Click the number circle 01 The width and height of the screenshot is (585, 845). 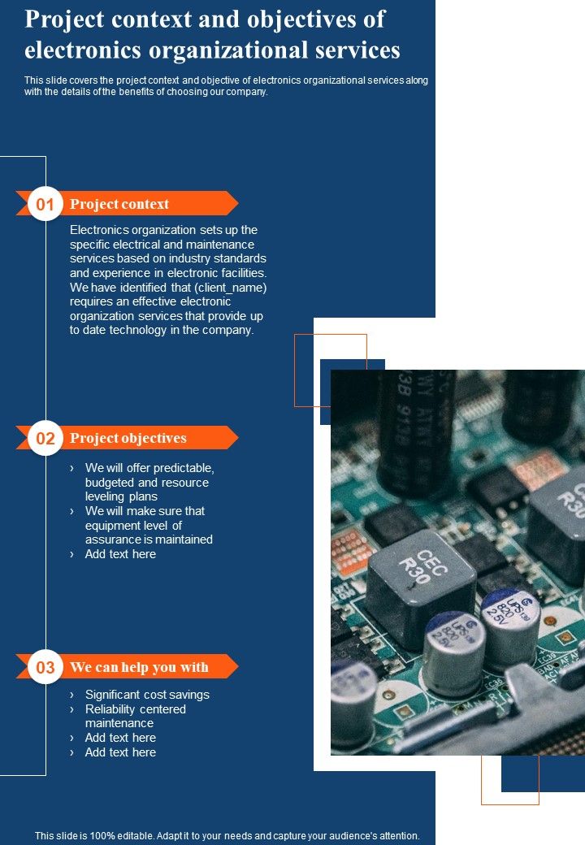click(45, 204)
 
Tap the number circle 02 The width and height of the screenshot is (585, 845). click(45, 439)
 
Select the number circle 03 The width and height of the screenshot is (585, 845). click(45, 668)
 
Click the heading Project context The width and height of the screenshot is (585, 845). click(119, 204)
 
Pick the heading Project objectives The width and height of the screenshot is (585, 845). click(128, 439)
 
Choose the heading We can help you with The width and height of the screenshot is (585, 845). click(139, 668)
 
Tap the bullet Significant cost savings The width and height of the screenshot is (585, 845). click(147, 695)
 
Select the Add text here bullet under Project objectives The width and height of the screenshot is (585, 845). click(120, 554)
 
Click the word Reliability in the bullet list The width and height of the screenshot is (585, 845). click(112, 709)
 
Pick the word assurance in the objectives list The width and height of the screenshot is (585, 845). click(113, 539)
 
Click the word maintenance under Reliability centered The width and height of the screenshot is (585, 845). click(119, 723)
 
